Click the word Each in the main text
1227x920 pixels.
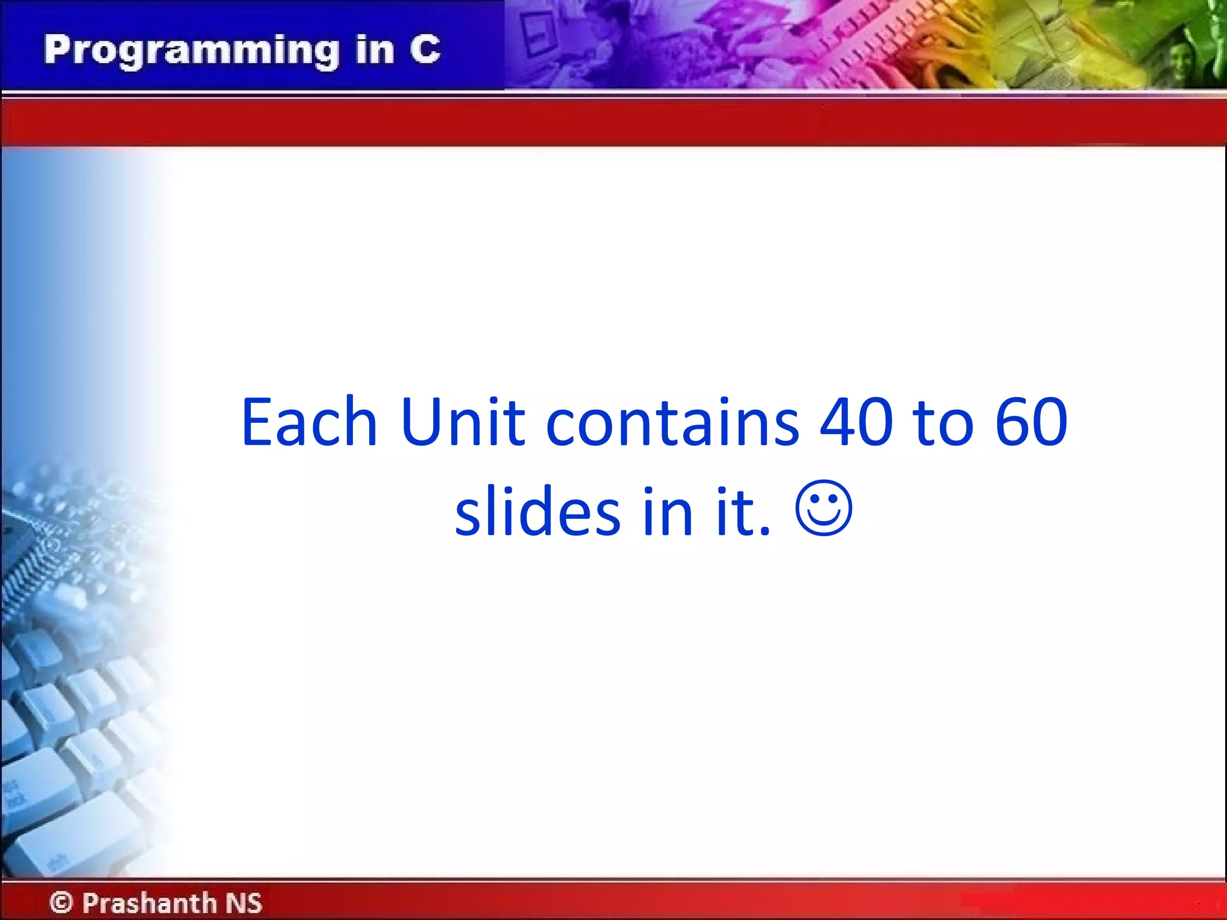click(x=309, y=422)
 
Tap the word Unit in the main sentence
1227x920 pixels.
click(x=463, y=422)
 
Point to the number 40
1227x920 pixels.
click(x=856, y=422)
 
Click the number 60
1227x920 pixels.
click(x=1031, y=422)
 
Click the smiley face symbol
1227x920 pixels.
click(x=823, y=509)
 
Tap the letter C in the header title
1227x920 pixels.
click(x=425, y=49)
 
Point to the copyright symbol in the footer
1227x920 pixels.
click(x=61, y=902)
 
